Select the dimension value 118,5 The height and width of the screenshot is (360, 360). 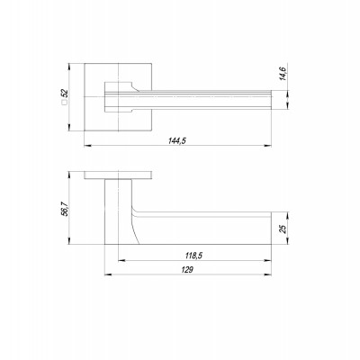194,256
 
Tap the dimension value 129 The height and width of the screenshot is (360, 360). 187,270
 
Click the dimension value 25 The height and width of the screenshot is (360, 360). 283,229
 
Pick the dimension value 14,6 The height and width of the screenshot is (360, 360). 283,74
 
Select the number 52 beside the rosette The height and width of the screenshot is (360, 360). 65,94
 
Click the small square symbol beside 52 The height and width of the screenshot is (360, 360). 64,103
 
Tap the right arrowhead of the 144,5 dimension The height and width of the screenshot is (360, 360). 267,146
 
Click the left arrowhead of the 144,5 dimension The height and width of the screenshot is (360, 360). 88,146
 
